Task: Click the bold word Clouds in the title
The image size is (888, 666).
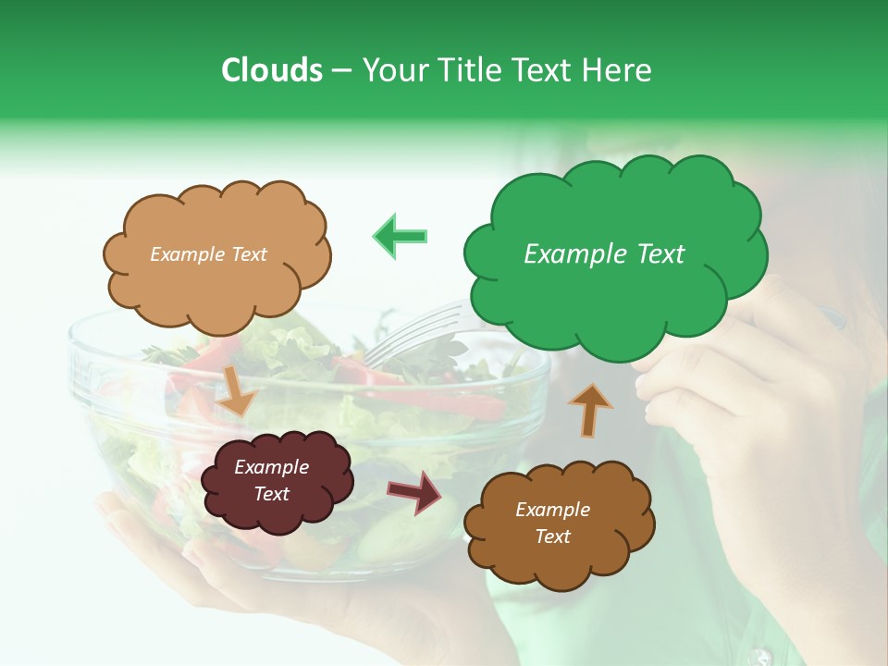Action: click(x=271, y=70)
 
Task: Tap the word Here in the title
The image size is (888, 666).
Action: click(x=618, y=70)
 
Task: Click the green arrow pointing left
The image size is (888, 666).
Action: click(x=401, y=236)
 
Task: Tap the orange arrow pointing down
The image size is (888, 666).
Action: click(x=237, y=390)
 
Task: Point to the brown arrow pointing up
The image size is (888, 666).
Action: click(x=588, y=409)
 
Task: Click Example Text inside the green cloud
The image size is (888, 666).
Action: click(x=604, y=254)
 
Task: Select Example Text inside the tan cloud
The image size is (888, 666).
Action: click(x=208, y=254)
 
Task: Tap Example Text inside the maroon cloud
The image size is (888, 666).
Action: click(x=271, y=480)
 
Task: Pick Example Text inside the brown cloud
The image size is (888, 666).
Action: click(x=552, y=523)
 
